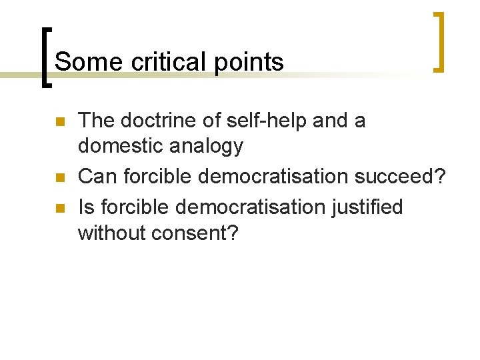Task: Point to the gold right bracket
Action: (438, 41)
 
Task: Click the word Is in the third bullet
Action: (86, 207)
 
